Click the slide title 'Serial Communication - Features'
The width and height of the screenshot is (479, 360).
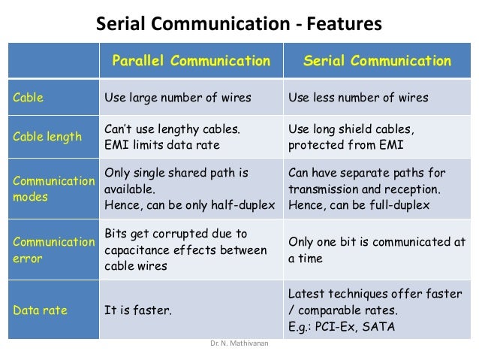point(239,25)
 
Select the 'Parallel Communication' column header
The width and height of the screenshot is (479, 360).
point(191,61)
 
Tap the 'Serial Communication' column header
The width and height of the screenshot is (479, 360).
point(377,61)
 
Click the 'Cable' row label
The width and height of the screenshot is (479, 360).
point(28,98)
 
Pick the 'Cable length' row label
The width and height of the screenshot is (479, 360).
point(45,136)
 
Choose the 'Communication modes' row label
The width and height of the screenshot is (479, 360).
point(52,189)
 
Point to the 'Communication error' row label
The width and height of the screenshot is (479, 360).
point(52,250)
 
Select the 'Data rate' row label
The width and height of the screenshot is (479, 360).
point(38,309)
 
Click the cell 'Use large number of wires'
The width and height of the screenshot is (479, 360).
point(177,98)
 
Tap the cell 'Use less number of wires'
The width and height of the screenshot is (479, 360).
point(358,98)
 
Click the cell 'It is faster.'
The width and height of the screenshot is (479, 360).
point(138,309)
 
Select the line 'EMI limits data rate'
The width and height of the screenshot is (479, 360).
point(161,144)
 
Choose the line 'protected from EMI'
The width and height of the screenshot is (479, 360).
point(344,144)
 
